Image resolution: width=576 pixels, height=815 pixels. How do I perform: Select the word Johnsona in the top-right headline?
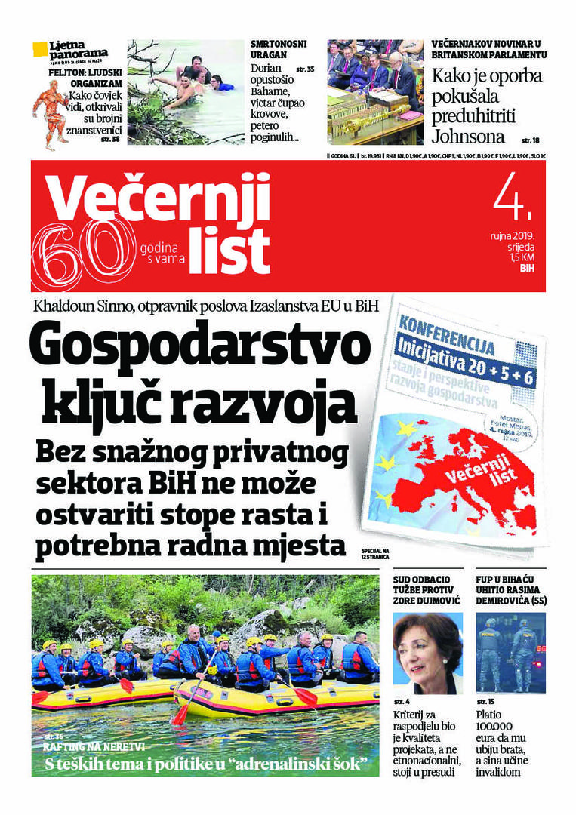click(x=468, y=137)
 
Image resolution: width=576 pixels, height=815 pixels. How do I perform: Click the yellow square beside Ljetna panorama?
click(x=40, y=50)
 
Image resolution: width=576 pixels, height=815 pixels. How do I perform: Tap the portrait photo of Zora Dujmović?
click(x=427, y=653)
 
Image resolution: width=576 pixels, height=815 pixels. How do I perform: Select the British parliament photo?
click(x=375, y=91)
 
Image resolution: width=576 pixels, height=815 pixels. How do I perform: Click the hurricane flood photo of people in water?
click(x=186, y=91)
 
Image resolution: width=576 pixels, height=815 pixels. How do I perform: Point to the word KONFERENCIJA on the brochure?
click(x=448, y=328)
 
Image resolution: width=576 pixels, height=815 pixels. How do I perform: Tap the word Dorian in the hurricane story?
click(x=266, y=68)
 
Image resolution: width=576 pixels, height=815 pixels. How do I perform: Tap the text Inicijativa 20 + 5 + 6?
click(x=465, y=353)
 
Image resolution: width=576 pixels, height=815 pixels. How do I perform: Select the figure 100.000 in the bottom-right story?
click(x=494, y=726)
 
